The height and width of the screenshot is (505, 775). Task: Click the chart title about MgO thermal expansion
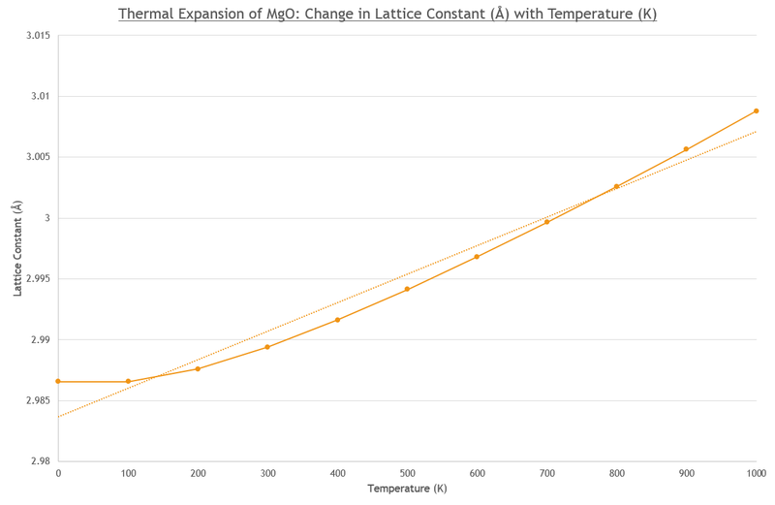click(387, 15)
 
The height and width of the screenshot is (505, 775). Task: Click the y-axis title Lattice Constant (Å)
click(16, 248)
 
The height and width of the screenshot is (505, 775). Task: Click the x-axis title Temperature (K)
click(407, 489)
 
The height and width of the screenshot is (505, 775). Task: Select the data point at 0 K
click(58, 382)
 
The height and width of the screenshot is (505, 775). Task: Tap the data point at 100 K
click(128, 382)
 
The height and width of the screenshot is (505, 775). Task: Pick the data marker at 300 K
click(267, 347)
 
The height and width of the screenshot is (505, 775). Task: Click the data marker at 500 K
click(407, 289)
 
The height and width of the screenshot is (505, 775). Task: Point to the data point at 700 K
click(546, 222)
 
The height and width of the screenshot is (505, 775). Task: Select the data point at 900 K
click(686, 149)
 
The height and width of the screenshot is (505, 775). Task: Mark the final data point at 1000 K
click(756, 110)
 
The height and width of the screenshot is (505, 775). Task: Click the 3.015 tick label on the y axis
click(37, 36)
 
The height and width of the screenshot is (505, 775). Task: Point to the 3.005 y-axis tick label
click(37, 157)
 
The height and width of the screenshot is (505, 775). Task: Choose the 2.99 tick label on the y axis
click(40, 340)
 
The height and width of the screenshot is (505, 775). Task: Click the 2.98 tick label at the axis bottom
click(40, 461)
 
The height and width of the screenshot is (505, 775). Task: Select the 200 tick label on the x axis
click(198, 473)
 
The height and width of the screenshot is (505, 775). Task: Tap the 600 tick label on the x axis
click(477, 473)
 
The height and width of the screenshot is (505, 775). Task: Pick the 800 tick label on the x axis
click(616, 473)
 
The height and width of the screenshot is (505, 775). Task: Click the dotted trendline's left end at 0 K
click(58, 417)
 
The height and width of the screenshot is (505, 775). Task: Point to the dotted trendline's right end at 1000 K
click(756, 131)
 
